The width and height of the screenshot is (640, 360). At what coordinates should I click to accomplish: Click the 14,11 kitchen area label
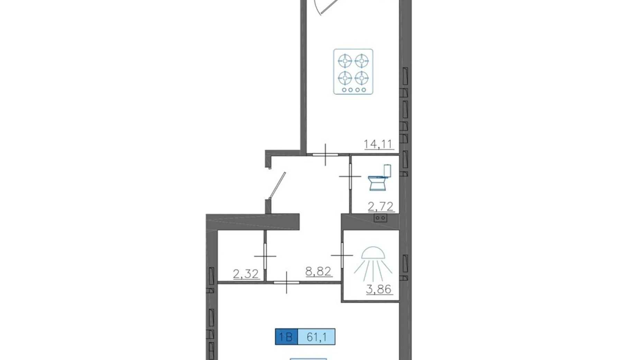tap(379, 144)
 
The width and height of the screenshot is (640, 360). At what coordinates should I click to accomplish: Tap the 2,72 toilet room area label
tap(381, 207)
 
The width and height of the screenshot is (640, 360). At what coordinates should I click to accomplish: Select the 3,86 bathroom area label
tap(379, 289)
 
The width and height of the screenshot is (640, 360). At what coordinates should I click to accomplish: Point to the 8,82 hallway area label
tap(318, 271)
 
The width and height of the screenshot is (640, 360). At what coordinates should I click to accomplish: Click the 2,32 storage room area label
tap(246, 274)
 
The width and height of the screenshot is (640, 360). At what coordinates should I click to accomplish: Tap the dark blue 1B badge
tap(286, 337)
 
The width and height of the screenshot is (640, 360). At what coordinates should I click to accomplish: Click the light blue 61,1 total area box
tap(317, 337)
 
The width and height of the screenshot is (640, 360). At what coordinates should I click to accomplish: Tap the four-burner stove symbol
tap(353, 72)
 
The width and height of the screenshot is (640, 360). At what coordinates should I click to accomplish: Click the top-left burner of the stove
tap(345, 61)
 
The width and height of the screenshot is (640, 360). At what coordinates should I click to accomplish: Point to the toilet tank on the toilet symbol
tap(387, 171)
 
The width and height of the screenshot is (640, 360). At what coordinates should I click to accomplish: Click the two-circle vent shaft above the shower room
tap(380, 218)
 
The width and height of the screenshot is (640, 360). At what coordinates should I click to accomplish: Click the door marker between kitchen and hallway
tap(325, 154)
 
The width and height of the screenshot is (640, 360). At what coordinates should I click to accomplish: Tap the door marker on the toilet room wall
tap(350, 177)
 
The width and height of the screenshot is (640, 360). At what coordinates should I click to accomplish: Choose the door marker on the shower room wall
tap(342, 255)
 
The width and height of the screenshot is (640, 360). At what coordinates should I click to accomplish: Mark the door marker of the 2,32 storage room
tap(265, 256)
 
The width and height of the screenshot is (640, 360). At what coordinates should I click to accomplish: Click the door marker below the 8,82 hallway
tap(286, 282)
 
